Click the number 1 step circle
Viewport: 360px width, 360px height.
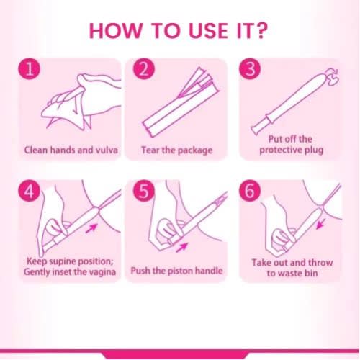(30, 69)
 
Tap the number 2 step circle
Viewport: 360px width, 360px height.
(144, 69)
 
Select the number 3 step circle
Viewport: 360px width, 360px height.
(250, 69)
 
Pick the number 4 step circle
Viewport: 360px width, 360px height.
(30, 192)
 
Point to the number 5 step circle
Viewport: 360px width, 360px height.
(144, 192)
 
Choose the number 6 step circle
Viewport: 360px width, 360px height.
(250, 192)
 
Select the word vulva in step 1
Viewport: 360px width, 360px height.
(107, 150)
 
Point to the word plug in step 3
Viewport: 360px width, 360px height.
(314, 150)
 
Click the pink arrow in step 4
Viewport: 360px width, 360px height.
(91, 228)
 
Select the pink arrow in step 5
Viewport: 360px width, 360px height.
(181, 248)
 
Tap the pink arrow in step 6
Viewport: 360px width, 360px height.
(321, 223)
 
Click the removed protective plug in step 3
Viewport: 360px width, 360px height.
(333, 76)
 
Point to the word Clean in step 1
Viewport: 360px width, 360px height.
(36, 150)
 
